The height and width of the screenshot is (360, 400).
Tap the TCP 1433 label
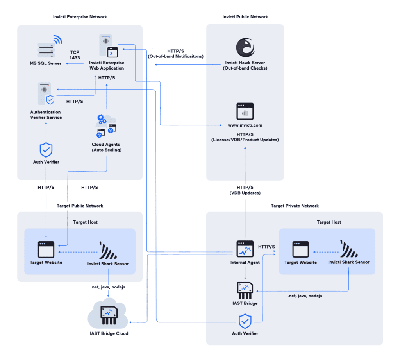(x=75, y=55)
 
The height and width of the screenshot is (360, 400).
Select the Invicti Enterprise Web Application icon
(x=107, y=46)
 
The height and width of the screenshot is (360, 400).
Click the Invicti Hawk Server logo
(x=245, y=48)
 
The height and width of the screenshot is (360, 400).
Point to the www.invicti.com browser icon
(x=245, y=111)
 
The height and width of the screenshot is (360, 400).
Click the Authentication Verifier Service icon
(x=46, y=94)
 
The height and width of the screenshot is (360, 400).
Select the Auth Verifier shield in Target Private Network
(x=245, y=321)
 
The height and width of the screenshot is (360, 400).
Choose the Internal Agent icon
(x=245, y=249)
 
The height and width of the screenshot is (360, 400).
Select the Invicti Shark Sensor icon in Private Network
(x=349, y=249)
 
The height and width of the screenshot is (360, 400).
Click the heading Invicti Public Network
(x=245, y=17)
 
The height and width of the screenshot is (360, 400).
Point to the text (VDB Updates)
(x=245, y=193)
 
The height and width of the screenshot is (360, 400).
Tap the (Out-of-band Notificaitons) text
(x=175, y=56)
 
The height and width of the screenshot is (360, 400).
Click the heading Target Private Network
(x=295, y=206)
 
